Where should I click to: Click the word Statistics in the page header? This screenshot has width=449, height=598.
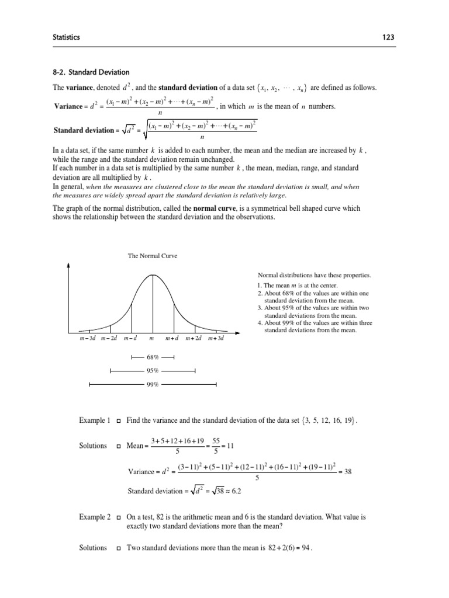pyautogui.click(x=66, y=37)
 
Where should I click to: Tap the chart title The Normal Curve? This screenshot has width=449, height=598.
pyautogui.click(x=153, y=256)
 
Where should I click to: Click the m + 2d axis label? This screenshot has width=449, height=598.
pyautogui.click(x=195, y=339)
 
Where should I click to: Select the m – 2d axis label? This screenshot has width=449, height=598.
pyautogui.click(x=109, y=339)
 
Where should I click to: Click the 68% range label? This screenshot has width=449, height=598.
pyautogui.click(x=153, y=356)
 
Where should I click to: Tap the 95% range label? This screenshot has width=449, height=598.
pyautogui.click(x=153, y=370)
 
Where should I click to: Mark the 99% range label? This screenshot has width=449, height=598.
pyautogui.click(x=153, y=384)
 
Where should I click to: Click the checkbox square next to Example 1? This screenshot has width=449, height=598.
pyautogui.click(x=119, y=421)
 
